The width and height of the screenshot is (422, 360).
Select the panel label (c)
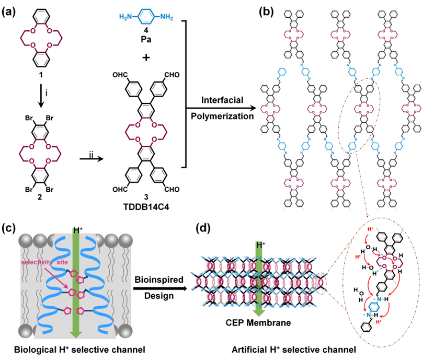pyautogui.click(x=10, y=228)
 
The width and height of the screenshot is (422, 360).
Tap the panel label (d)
pyautogui.click(x=203, y=228)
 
